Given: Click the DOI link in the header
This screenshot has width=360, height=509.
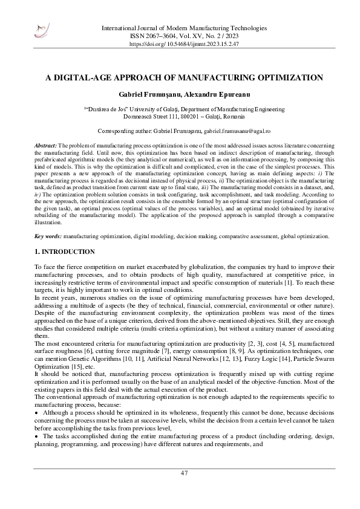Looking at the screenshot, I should click(x=184, y=45).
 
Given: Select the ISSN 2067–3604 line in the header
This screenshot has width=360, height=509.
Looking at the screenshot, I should click(x=158, y=36).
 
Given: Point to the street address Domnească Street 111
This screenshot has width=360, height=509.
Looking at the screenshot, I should click(x=150, y=115).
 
